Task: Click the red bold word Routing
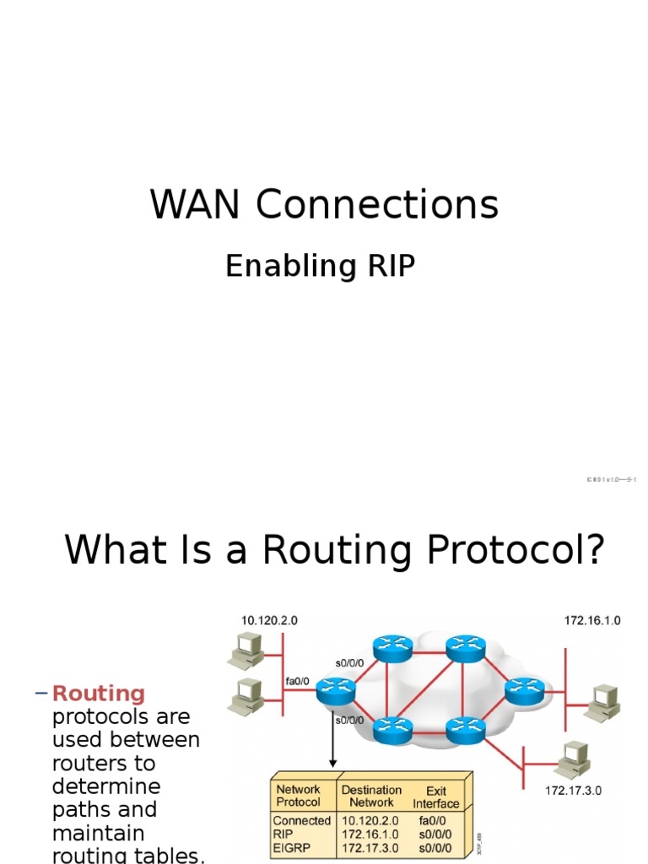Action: click(x=99, y=694)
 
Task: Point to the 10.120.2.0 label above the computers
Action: click(x=269, y=620)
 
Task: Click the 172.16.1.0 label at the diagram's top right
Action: click(x=592, y=620)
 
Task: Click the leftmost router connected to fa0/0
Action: click(x=336, y=692)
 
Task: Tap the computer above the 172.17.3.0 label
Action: click(x=573, y=759)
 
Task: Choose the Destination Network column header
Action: click(x=371, y=796)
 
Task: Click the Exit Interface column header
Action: click(x=435, y=797)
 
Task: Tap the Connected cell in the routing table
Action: click(x=301, y=820)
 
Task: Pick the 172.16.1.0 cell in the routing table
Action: click(x=370, y=834)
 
